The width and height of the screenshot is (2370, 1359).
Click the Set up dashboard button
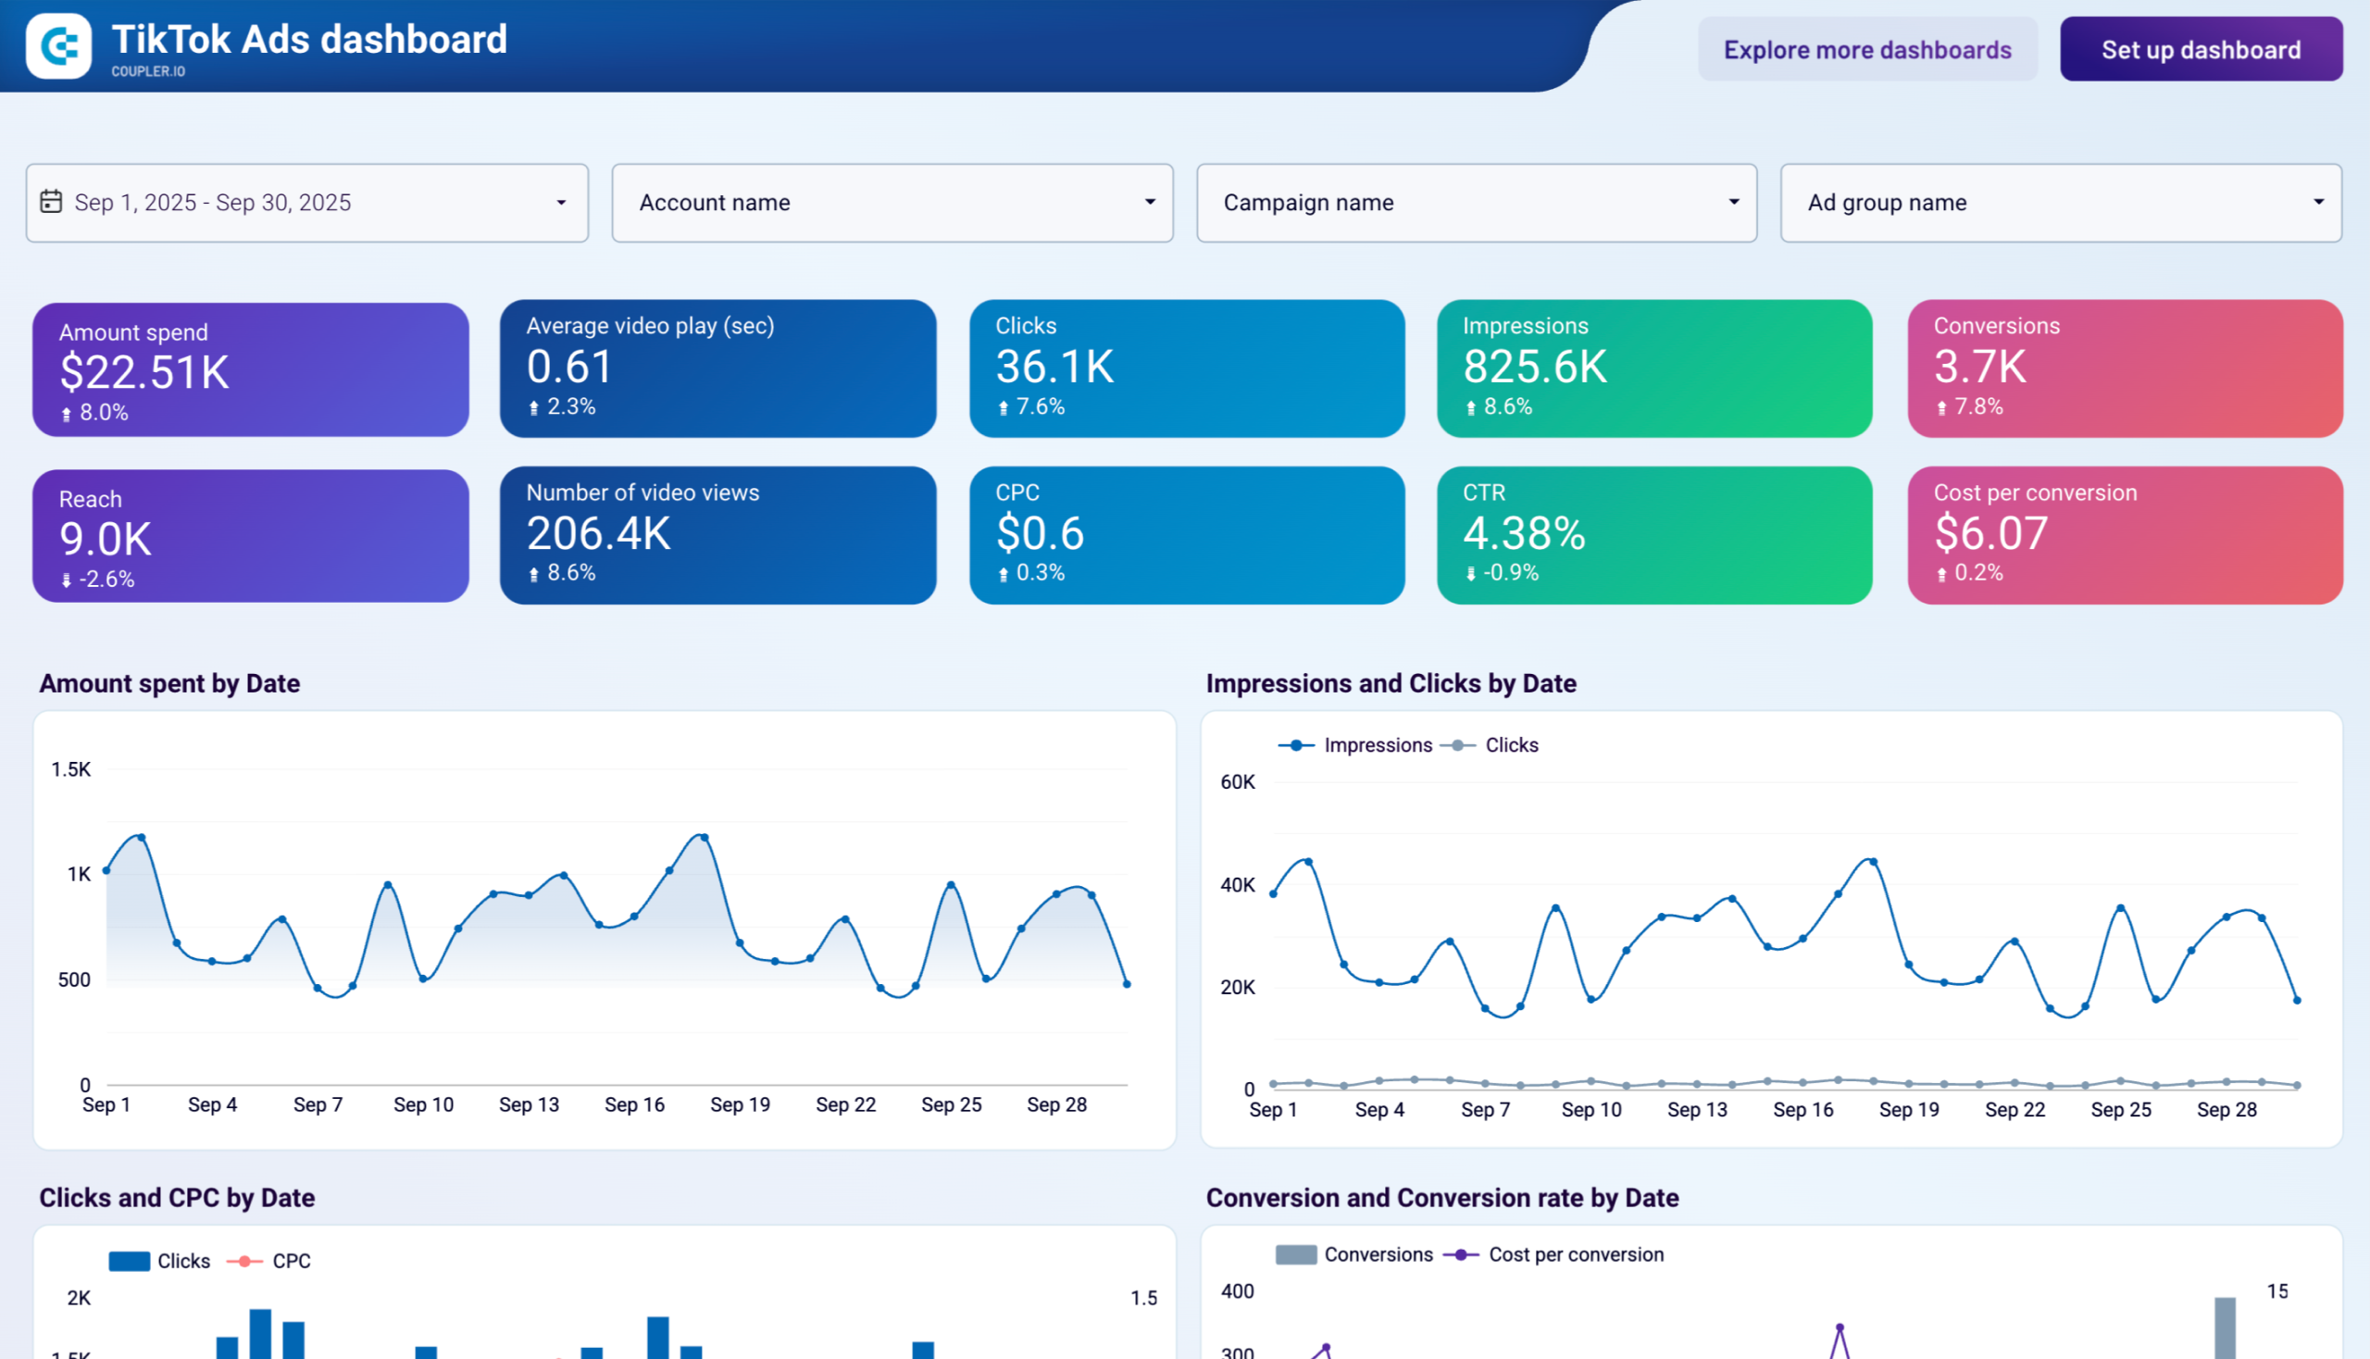[x=2200, y=49]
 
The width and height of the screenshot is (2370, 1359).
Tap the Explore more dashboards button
[x=1867, y=49]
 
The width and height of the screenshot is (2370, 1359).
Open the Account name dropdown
[x=892, y=203]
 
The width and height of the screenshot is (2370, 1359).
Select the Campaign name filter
[x=1476, y=203]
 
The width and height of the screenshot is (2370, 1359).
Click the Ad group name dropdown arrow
[x=2318, y=203]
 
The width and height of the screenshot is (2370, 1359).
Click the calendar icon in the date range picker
[x=51, y=202]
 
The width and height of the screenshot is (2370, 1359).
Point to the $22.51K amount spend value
[x=144, y=372]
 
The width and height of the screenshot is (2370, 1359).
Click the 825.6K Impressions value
[x=1535, y=367]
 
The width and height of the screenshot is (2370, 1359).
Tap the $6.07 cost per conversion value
[x=1990, y=533]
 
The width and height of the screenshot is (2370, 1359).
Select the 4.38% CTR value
[x=1523, y=533]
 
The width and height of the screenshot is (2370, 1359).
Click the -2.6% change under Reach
[x=106, y=580]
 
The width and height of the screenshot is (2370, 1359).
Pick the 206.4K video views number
[x=598, y=533]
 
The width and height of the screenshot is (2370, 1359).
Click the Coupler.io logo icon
[x=59, y=45]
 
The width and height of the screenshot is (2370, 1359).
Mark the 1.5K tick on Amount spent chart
[x=71, y=769]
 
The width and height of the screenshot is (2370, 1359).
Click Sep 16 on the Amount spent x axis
[x=634, y=1105]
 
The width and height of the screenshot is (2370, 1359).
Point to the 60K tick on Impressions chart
[x=1237, y=782]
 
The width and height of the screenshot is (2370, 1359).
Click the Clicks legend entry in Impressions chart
[x=1509, y=745]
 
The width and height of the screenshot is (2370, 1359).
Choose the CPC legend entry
[x=291, y=1261]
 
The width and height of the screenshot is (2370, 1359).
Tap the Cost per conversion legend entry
[x=1575, y=1254]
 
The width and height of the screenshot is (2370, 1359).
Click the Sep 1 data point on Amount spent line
[x=106, y=871]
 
